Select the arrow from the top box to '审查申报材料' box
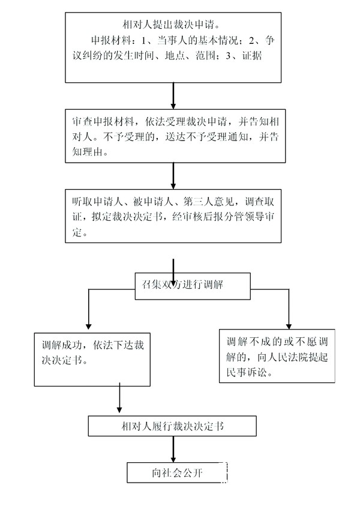tap(173, 96)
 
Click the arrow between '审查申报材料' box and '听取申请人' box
tap(173, 176)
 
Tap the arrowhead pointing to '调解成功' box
tap(88, 327)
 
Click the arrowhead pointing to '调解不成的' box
tap(289, 327)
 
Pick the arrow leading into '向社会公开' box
tap(173, 449)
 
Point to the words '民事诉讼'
tap(247, 372)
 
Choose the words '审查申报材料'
tap(103, 121)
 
